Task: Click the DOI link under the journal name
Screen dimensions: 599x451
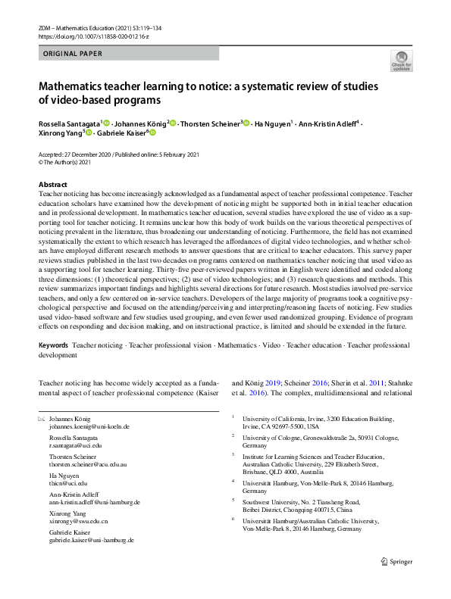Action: (x=84, y=36)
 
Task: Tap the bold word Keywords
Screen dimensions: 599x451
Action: (x=54, y=345)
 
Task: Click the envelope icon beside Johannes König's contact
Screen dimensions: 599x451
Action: (x=42, y=419)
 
